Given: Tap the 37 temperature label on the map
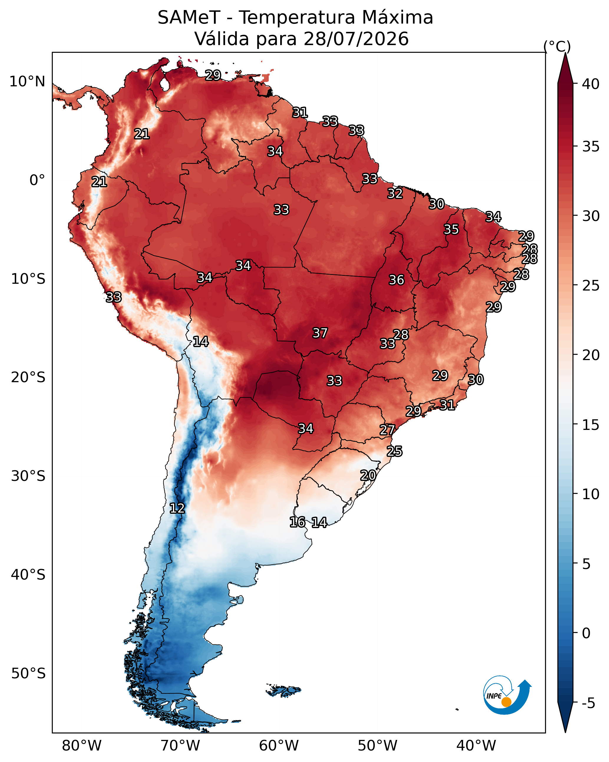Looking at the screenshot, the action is tap(320, 333).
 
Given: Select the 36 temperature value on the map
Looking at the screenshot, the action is tap(396, 280).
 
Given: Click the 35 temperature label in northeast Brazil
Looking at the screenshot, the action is tap(451, 229).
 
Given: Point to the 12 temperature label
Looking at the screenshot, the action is tap(177, 508).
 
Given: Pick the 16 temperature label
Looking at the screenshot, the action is tap(297, 522).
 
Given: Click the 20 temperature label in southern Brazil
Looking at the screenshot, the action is tap(368, 475).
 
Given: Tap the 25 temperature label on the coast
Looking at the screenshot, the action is tap(395, 451).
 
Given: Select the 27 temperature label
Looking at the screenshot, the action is tap(387, 430).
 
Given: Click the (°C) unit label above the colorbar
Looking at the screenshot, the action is tap(557, 46).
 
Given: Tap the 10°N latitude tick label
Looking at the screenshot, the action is tap(27, 82).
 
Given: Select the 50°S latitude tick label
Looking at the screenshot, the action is tap(28, 674).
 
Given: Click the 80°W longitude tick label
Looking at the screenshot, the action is tap(82, 746).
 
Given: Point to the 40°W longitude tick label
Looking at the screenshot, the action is tap(476, 746).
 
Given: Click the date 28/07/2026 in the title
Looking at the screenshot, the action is tap(356, 39).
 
